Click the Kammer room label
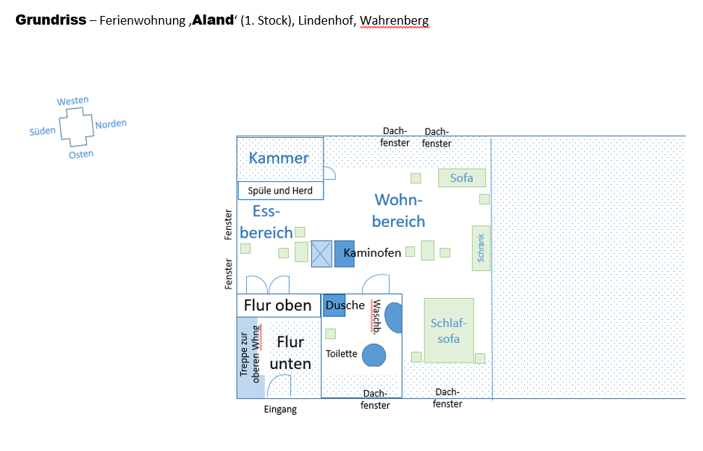279,158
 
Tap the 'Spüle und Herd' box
280,191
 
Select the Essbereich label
266,222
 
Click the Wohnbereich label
398,210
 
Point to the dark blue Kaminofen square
344,253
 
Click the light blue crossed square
321,254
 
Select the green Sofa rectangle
461,178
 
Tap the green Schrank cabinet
481,248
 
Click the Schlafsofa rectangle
449,330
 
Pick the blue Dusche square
334,305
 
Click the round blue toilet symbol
374,355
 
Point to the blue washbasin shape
394,318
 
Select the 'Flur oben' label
277,305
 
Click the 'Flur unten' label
290,352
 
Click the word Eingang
279,410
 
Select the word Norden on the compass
111,124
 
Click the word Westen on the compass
72,101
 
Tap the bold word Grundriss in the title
50,20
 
